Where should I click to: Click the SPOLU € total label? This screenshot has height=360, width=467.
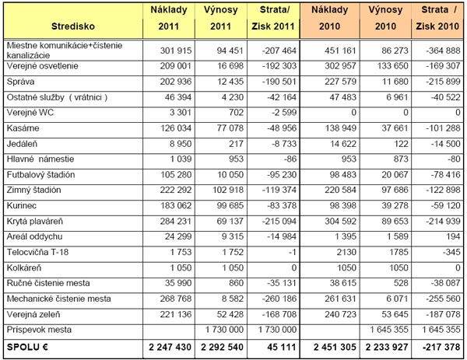point(28,346)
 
